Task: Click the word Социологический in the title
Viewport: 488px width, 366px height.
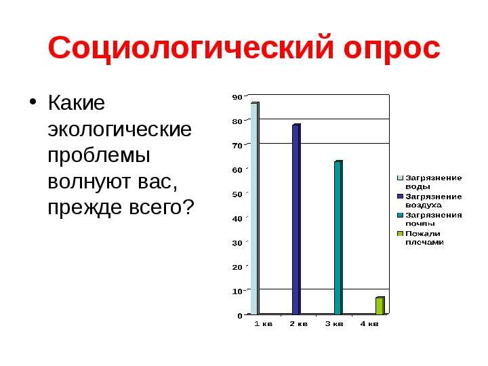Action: (191, 48)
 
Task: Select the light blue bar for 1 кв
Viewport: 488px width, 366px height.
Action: (255, 208)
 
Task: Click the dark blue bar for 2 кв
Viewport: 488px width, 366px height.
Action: (296, 219)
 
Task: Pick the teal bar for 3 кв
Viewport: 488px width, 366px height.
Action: (338, 237)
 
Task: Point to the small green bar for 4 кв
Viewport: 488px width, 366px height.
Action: (380, 306)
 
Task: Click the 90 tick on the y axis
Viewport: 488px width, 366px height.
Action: (237, 97)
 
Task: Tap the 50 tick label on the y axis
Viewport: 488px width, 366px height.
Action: (237, 195)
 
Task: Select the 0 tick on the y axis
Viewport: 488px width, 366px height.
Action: (240, 316)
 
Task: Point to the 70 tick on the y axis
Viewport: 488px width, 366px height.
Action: (237, 146)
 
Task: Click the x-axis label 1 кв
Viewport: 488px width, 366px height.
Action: (263, 324)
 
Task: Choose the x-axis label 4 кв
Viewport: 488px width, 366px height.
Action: (369, 324)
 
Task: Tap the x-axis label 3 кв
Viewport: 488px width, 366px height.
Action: (334, 324)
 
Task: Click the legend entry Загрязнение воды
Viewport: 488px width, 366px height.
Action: (430, 182)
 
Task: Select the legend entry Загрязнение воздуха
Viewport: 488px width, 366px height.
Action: (430, 201)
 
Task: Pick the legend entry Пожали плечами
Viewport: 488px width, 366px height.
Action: (420, 238)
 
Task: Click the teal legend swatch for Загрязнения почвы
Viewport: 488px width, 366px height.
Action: (401, 216)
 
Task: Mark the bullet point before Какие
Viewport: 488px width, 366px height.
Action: (33, 102)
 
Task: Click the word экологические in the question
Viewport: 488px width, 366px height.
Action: (119, 129)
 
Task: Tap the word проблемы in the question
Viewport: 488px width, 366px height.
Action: (99, 157)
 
